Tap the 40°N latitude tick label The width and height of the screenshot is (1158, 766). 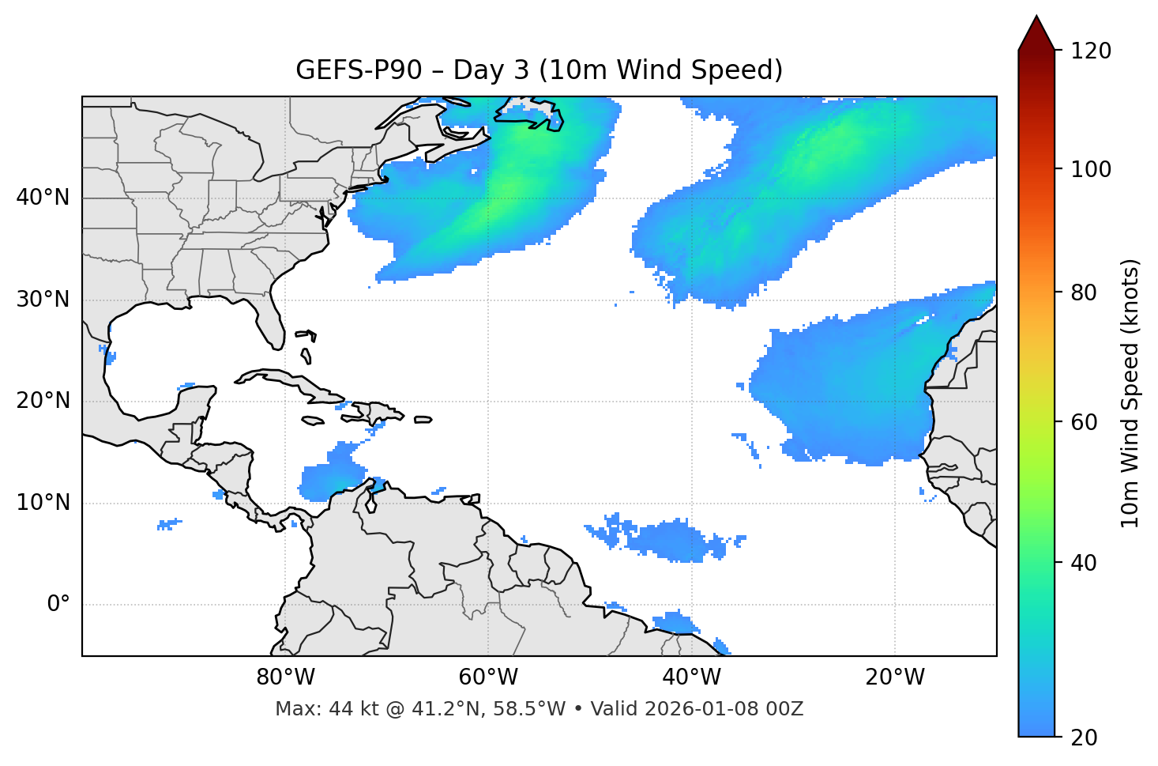(x=43, y=197)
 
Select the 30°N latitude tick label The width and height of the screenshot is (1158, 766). (x=43, y=299)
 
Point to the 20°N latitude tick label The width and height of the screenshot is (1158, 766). (x=43, y=401)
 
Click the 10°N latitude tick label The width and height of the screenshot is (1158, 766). (x=43, y=503)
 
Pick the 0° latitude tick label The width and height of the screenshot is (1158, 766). (x=58, y=605)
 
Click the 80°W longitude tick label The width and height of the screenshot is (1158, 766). (x=285, y=677)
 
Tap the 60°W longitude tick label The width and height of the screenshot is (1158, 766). (x=488, y=677)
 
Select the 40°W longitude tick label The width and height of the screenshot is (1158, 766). (x=691, y=677)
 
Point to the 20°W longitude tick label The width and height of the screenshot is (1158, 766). (x=894, y=677)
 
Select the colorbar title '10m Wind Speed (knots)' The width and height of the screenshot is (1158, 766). (x=1130, y=393)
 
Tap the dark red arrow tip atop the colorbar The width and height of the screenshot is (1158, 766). (x=1036, y=32)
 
